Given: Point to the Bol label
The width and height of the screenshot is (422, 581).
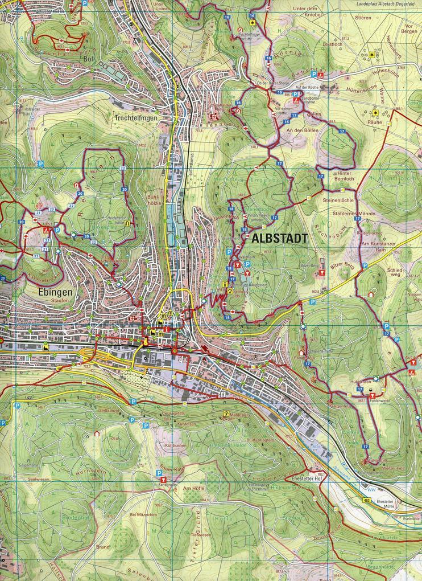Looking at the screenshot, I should (88, 59).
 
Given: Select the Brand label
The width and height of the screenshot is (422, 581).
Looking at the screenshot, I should (103, 546).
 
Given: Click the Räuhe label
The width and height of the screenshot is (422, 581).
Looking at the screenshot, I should (374, 121).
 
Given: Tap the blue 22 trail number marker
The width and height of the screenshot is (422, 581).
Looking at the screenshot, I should (123, 169).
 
